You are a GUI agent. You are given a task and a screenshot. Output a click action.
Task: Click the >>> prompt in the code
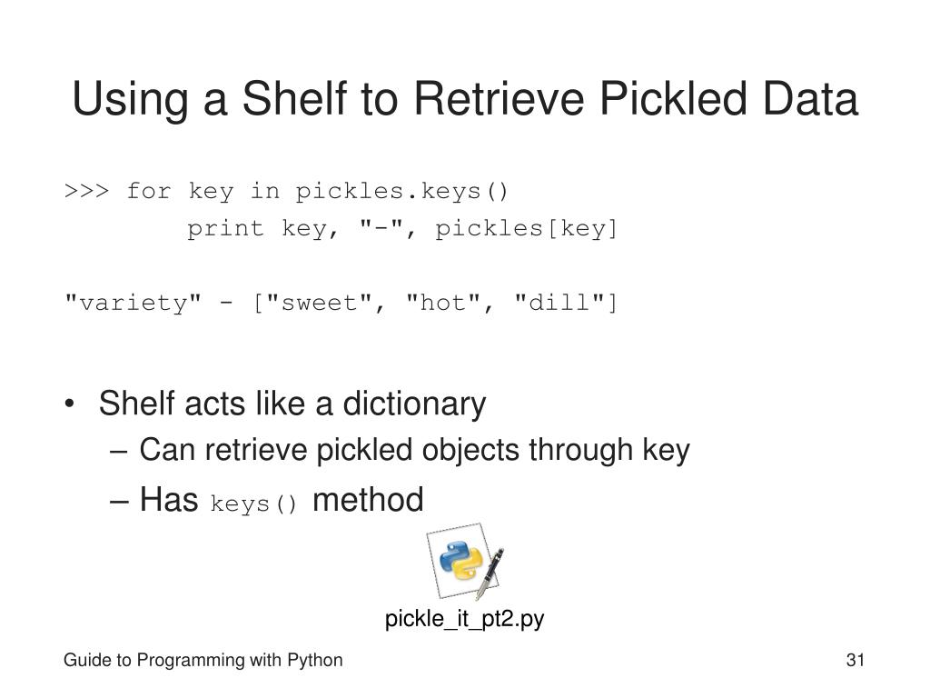pyautogui.click(x=87, y=192)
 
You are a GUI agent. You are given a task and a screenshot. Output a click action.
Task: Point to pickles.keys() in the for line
pyautogui.click(x=402, y=192)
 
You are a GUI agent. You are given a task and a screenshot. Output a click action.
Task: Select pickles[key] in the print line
pyautogui.click(x=527, y=229)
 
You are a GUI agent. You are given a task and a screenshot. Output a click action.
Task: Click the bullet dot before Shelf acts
pyautogui.click(x=71, y=404)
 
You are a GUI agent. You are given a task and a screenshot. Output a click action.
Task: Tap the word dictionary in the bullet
pyautogui.click(x=414, y=404)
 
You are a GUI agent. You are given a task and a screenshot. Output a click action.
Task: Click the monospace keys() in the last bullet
pyautogui.click(x=254, y=504)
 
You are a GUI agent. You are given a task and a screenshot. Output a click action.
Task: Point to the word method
pyautogui.click(x=368, y=500)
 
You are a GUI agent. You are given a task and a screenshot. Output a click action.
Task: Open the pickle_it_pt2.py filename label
pyautogui.click(x=464, y=620)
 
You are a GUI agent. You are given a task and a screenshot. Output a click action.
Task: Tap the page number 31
pyautogui.click(x=854, y=661)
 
